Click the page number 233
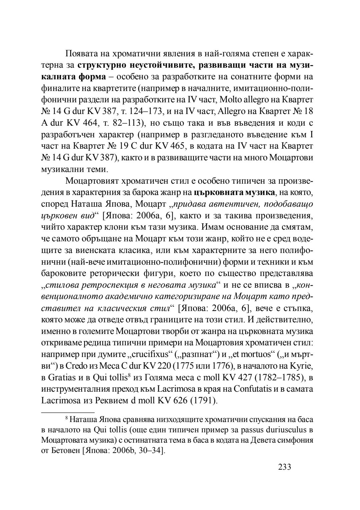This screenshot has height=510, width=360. pos(284,467)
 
